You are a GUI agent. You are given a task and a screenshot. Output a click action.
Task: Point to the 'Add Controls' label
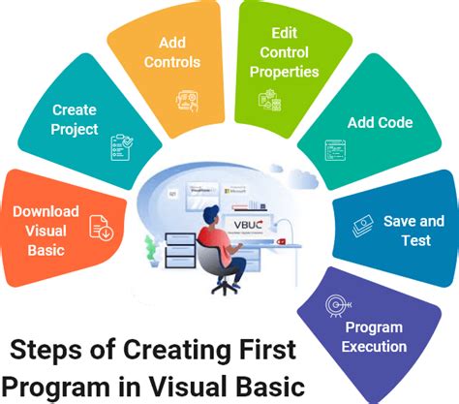pos(172,54)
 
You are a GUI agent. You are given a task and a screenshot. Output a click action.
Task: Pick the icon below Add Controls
pos(187,99)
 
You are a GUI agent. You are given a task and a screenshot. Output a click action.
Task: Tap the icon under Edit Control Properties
pos(267,99)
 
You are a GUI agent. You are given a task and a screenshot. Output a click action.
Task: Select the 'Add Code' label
pos(380,124)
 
